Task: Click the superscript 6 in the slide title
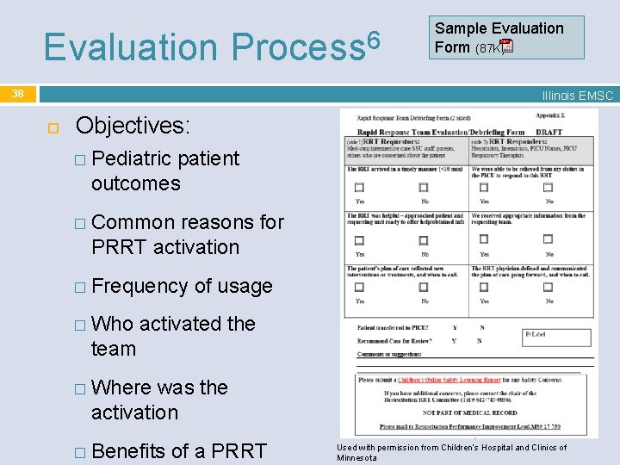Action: click(371, 38)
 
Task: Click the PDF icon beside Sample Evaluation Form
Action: click(506, 47)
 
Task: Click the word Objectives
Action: click(132, 126)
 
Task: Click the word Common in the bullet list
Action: click(133, 222)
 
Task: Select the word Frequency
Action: click(140, 286)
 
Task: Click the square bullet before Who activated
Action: click(80, 325)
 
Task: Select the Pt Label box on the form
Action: click(557, 337)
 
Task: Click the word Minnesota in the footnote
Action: click(356, 458)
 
